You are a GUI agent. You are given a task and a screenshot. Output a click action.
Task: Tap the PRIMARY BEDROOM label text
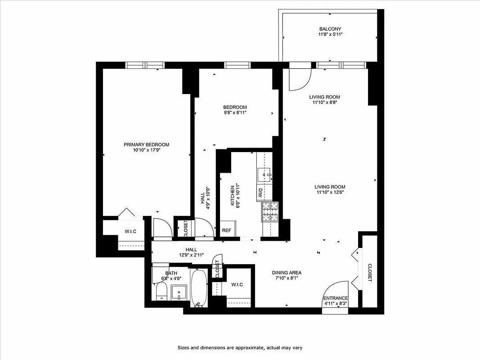click(147, 144)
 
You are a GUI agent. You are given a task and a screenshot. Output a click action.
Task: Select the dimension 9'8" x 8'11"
click(235, 113)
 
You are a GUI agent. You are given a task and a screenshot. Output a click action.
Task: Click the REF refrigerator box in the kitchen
click(227, 230)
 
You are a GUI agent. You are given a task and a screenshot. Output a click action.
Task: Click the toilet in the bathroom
click(161, 292)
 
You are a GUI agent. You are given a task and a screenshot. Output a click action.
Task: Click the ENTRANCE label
click(336, 298)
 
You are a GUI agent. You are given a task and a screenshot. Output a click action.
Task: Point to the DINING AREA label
click(287, 273)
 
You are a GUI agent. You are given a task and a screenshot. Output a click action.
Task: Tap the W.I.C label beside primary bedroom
click(130, 231)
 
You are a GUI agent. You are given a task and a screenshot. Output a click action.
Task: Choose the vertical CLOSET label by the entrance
click(370, 273)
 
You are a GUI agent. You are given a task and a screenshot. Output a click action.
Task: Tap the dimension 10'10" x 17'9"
click(147, 150)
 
